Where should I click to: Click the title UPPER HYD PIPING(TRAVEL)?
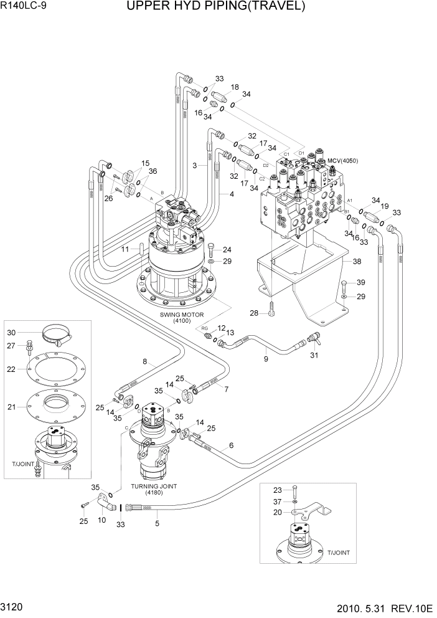216,7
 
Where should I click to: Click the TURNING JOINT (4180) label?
153,488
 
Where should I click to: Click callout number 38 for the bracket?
357,262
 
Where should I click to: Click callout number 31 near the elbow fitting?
314,356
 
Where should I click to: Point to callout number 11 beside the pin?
125,249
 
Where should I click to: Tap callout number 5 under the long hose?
157,523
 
